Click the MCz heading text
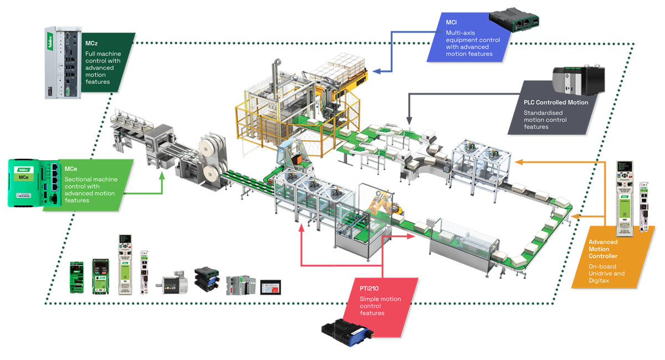coord(91,43)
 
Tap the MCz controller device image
coord(62,62)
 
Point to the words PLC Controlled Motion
coord(556,102)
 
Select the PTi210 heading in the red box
coord(369,288)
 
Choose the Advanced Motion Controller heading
coord(603,249)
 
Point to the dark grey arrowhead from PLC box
coord(408,119)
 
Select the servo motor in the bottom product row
coord(175,283)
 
